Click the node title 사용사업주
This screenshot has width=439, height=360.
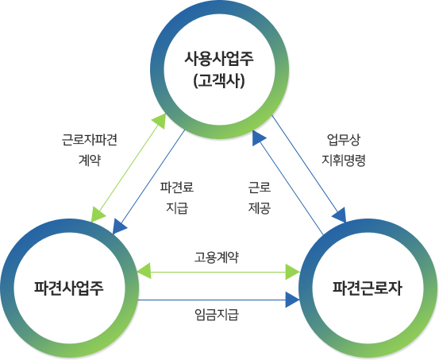point(219,59)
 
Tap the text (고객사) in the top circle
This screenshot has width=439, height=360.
point(219,81)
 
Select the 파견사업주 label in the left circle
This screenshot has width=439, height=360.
point(69,288)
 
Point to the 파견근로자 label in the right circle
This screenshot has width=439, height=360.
point(368,288)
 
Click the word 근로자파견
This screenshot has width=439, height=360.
point(90,140)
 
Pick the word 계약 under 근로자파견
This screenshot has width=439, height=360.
point(90,161)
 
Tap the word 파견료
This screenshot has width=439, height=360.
point(177,187)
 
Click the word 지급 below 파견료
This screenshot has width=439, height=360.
point(177,207)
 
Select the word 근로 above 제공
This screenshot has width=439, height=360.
point(260,187)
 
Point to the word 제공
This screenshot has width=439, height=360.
point(260,207)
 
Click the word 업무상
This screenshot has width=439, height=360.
point(344,140)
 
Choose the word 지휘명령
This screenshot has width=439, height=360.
point(344,161)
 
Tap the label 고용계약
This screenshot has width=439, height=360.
point(217,257)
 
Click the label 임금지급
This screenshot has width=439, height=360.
point(217,314)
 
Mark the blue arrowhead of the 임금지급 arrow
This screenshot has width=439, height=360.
point(292,300)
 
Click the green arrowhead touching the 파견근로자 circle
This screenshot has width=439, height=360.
point(292,272)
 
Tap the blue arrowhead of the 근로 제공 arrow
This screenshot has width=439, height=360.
point(258,137)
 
